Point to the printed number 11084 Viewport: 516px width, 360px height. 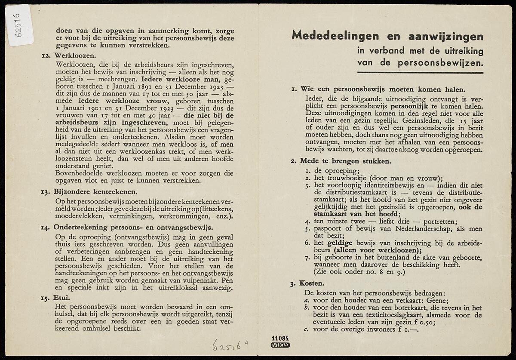280,338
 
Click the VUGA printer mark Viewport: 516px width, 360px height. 280,345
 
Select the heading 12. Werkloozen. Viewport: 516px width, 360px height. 69,56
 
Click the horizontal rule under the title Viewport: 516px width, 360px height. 420,73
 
